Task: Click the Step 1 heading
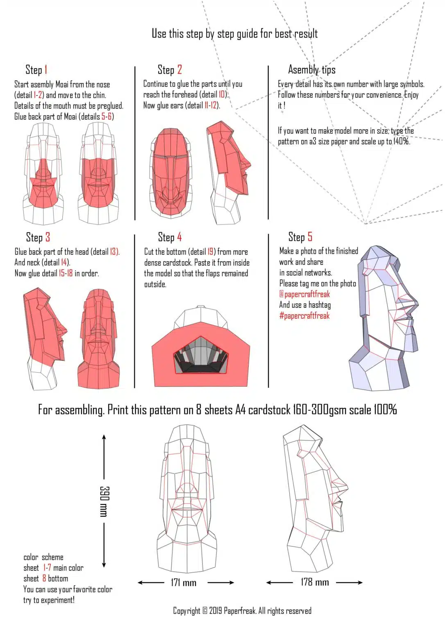pyautogui.click(x=36, y=70)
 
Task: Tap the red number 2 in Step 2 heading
pyautogui.click(x=179, y=70)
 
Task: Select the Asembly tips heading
pyautogui.click(x=311, y=70)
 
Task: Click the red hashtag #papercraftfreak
pyautogui.click(x=304, y=316)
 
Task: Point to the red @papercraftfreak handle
pyautogui.click(x=304, y=294)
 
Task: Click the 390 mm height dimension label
pyautogui.click(x=104, y=501)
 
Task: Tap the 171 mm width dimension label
pyautogui.click(x=184, y=582)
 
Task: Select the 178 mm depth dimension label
pyautogui.click(x=315, y=582)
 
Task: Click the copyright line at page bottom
pyautogui.click(x=242, y=611)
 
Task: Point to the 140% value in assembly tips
pyautogui.click(x=401, y=141)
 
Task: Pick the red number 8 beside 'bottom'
pyautogui.click(x=44, y=579)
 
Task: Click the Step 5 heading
pyautogui.click(x=300, y=237)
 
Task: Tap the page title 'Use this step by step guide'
pyautogui.click(x=234, y=34)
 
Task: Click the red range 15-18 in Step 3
pyautogui.click(x=66, y=273)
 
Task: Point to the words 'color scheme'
pyautogui.click(x=43, y=557)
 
